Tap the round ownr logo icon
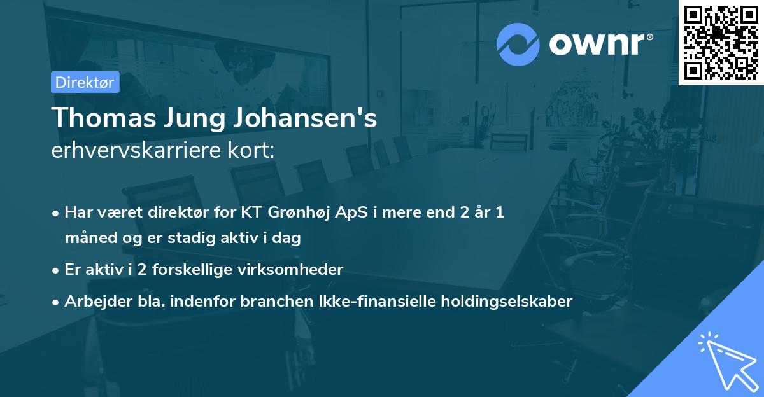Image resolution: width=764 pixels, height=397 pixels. point(518,44)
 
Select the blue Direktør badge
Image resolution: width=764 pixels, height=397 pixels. point(85,82)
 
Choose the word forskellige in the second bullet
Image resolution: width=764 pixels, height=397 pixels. point(202,270)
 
